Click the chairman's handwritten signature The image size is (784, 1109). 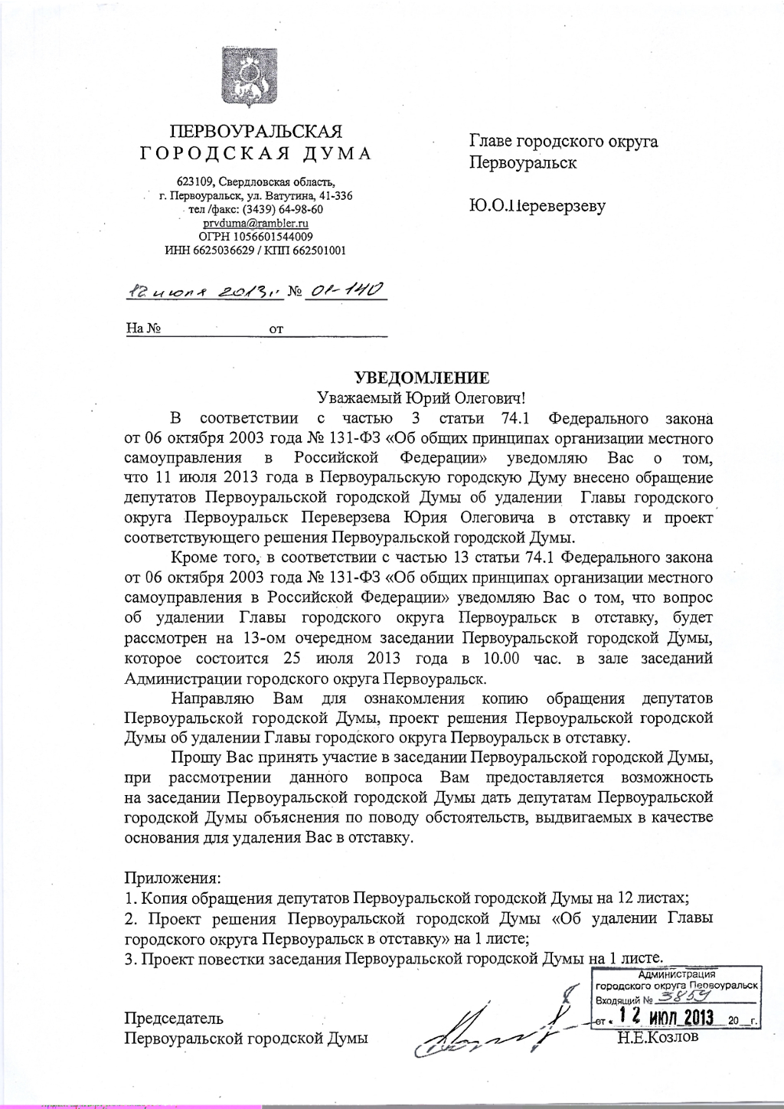[490, 1026]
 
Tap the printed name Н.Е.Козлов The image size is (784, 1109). [657, 1039]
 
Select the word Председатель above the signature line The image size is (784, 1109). [174, 1018]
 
